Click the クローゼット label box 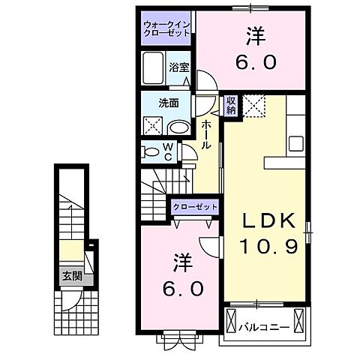(x=195, y=206)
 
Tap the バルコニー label (x=260, y=328)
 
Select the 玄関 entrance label (x=72, y=276)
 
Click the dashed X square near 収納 (x=256, y=106)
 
